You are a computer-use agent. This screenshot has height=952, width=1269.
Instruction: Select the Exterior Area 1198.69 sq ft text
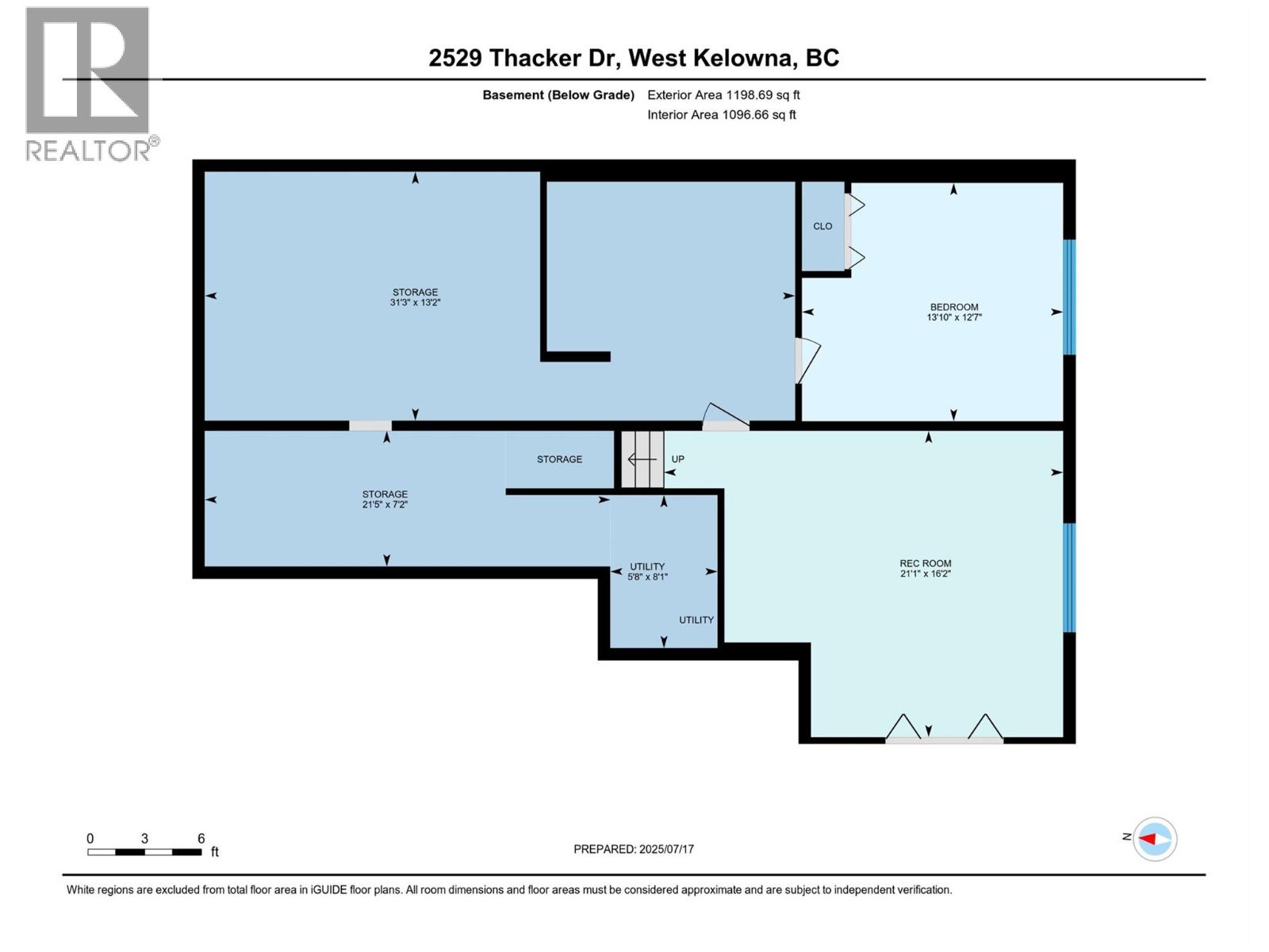723,94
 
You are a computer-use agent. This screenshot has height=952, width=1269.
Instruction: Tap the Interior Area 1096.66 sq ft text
721,114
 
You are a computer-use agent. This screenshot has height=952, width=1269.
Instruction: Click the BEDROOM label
953,307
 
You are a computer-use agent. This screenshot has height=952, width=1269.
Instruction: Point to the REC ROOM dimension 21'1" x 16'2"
925,574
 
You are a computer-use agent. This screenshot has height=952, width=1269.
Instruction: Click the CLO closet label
822,226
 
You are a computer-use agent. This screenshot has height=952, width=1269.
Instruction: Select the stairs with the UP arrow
642,459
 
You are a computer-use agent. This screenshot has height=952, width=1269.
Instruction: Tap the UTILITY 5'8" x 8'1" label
647,572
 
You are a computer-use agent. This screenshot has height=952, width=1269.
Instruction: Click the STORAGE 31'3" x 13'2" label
415,297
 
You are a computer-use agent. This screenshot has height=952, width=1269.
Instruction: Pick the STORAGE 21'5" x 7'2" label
385,499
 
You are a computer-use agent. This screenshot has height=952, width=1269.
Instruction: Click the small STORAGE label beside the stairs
559,459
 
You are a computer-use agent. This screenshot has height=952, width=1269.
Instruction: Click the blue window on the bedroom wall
1068,297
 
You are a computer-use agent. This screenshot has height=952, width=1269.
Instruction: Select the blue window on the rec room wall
1068,577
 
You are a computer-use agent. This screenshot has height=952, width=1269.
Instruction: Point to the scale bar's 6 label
201,839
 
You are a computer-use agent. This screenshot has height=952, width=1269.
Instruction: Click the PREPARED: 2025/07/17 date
633,849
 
